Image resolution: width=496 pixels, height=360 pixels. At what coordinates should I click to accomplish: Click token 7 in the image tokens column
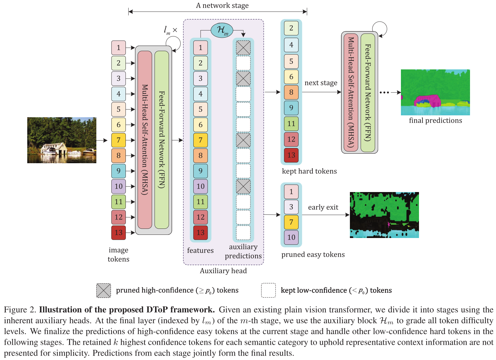[119, 140]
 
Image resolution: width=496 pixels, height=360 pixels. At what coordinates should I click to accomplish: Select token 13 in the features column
[200, 232]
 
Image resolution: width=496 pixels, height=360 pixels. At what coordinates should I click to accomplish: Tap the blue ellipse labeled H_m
[222, 30]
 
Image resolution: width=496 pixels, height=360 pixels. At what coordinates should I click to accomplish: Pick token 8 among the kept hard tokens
[291, 92]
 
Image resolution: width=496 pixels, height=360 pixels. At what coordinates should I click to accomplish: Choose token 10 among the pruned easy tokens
[291, 237]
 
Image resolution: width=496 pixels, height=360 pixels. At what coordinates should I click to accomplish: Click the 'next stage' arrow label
[321, 83]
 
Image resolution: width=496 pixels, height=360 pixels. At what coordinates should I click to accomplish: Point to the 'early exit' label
[323, 207]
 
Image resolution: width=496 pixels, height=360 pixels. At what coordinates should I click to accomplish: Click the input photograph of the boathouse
[62, 140]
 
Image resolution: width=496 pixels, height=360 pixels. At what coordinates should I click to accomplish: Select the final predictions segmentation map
[435, 92]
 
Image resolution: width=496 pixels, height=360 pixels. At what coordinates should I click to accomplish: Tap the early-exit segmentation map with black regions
[384, 215]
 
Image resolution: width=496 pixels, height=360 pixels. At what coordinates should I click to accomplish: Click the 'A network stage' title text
[222, 6]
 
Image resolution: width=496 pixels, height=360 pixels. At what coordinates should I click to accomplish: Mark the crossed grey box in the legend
[104, 290]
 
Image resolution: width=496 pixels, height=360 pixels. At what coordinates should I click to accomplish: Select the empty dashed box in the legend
[268, 290]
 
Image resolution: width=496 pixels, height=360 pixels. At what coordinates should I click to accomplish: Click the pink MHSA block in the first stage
[145, 140]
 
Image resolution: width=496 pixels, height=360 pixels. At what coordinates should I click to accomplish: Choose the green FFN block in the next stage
[368, 93]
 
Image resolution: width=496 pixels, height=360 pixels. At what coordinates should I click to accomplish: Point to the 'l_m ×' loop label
[170, 30]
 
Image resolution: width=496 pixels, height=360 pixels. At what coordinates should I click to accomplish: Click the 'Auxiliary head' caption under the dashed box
[223, 271]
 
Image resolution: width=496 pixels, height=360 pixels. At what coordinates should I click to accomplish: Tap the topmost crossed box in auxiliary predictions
[243, 48]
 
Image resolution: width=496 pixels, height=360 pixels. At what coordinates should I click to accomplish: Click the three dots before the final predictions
[384, 93]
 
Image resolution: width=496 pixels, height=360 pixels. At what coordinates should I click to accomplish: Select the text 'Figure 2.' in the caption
[20, 310]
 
